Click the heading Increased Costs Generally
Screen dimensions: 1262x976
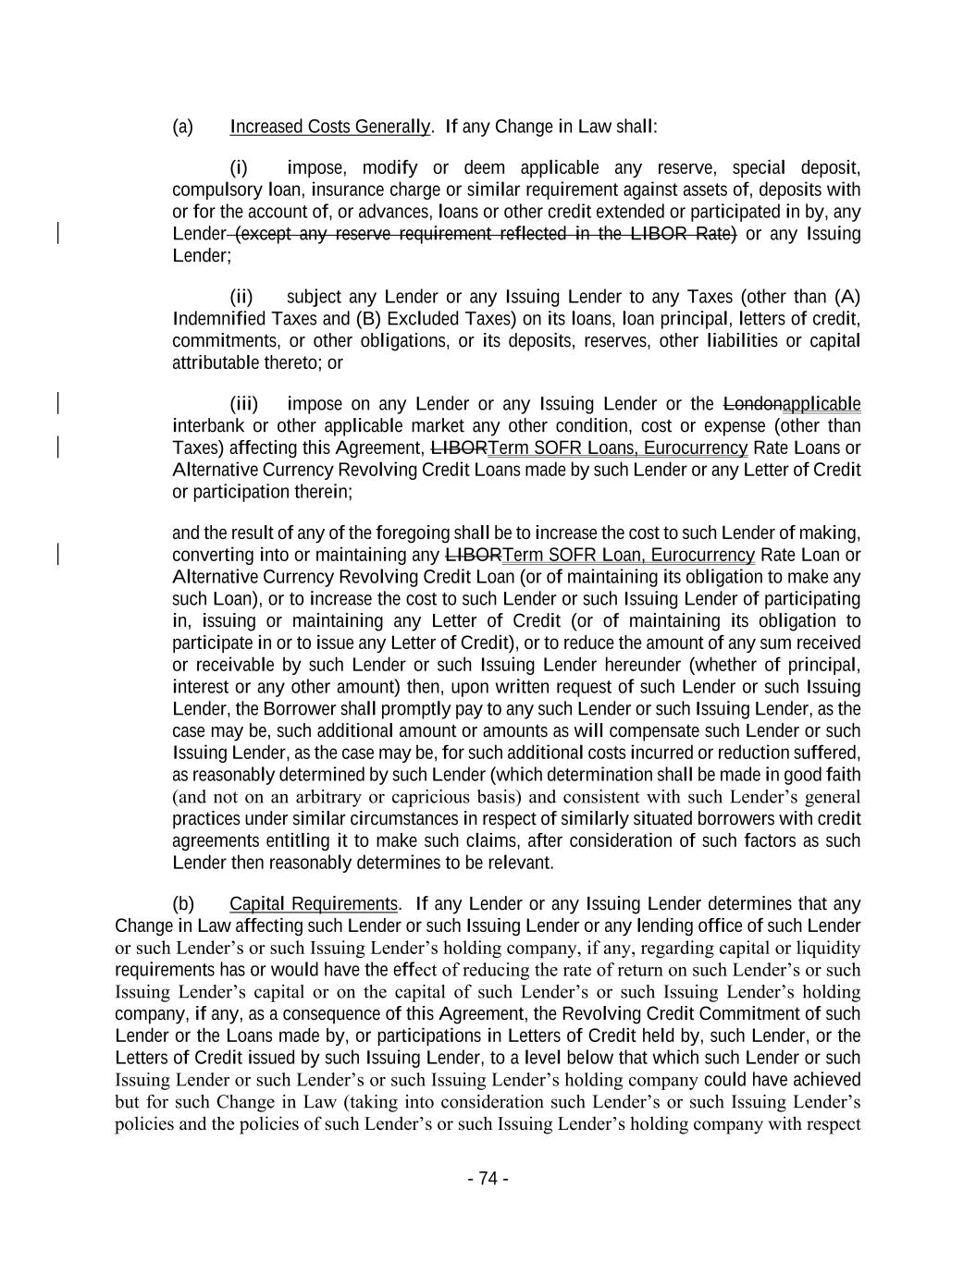click(x=329, y=127)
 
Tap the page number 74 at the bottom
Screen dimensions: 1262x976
click(x=488, y=1179)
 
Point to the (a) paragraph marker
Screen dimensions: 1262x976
click(x=182, y=127)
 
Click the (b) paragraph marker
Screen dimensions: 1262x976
click(x=182, y=904)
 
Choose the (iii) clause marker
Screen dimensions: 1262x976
click(x=244, y=405)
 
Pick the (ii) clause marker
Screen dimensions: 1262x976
click(x=241, y=298)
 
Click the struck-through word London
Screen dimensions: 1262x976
click(x=751, y=405)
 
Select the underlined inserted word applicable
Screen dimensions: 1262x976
click(x=822, y=405)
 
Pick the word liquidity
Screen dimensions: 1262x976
click(x=828, y=949)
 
